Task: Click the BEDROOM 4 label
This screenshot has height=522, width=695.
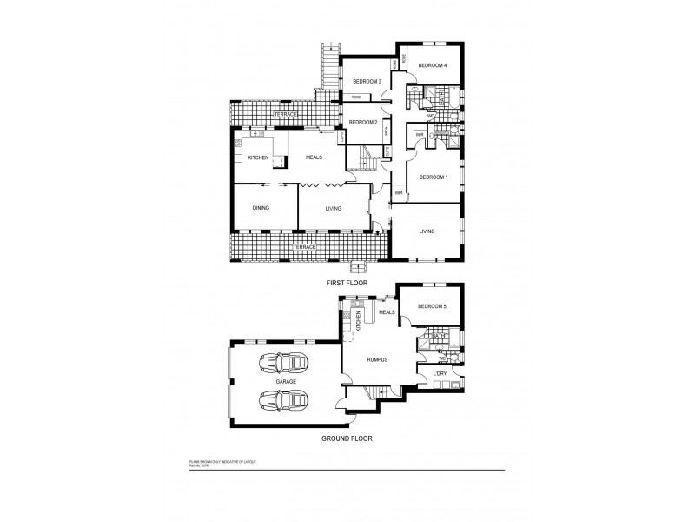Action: (x=433, y=66)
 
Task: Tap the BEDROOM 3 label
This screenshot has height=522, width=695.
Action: (x=367, y=82)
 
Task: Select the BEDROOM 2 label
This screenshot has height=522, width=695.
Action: (x=363, y=123)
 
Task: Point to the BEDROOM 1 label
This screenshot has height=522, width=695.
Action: (x=433, y=177)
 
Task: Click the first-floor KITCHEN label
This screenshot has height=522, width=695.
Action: (x=258, y=157)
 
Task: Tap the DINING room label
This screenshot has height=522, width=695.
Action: (x=261, y=208)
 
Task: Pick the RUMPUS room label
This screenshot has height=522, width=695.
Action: (x=376, y=358)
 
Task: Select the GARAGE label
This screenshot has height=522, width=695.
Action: (x=285, y=382)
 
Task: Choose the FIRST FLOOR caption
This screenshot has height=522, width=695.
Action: (x=347, y=284)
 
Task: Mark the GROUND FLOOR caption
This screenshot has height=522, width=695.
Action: (x=347, y=438)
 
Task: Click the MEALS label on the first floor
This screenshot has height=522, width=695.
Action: (x=314, y=157)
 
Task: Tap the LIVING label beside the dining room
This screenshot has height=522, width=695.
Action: (x=333, y=208)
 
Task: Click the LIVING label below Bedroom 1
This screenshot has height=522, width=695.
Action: (x=427, y=231)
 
